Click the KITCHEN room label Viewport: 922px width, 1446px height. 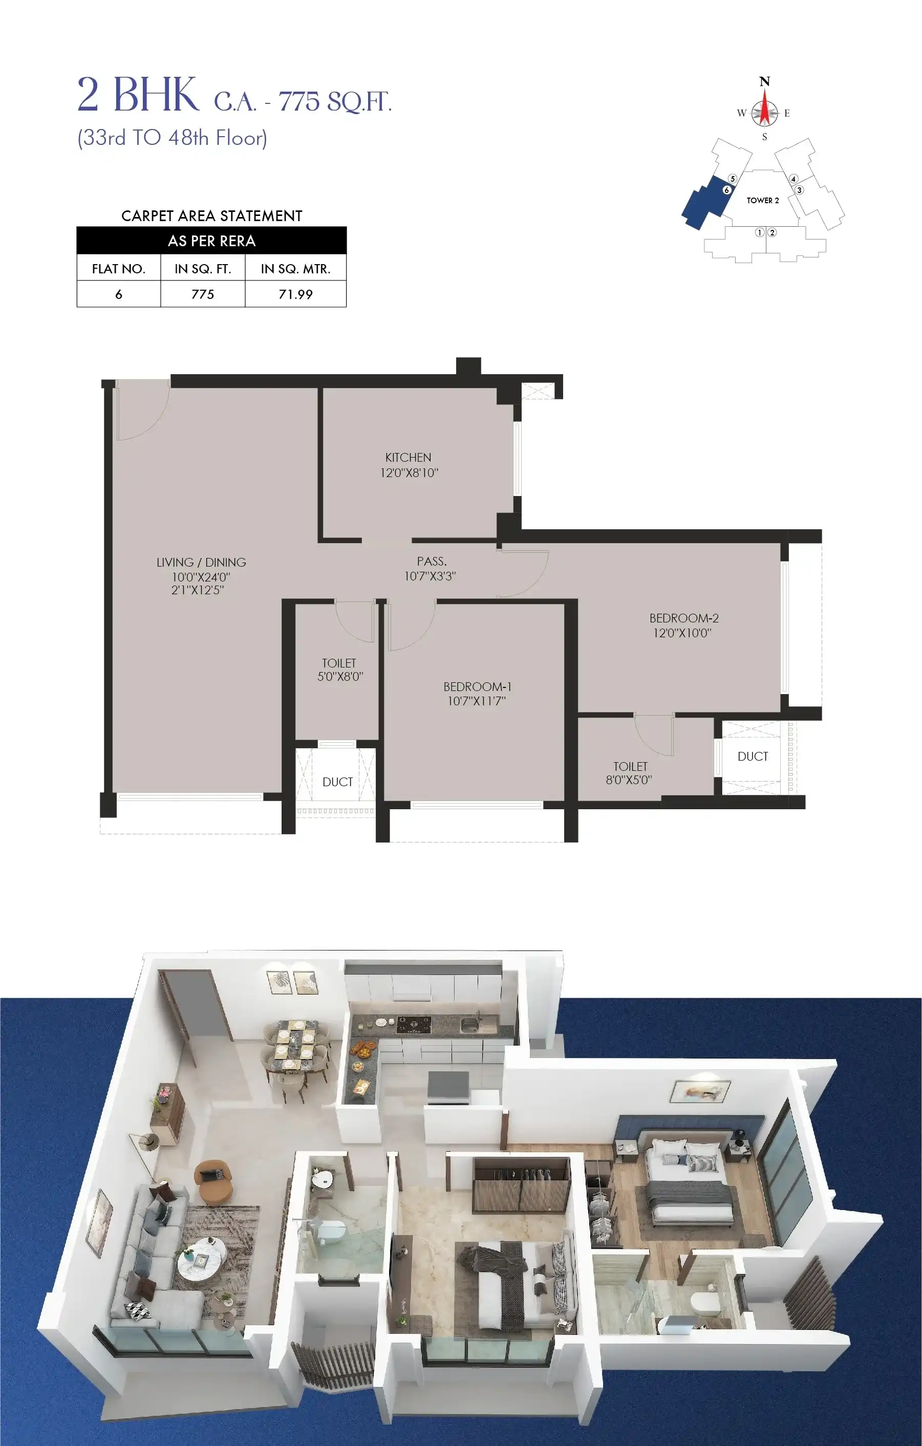[x=408, y=458]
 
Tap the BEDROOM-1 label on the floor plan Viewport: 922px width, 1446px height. [x=477, y=686]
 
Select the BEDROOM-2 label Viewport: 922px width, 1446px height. [x=683, y=618]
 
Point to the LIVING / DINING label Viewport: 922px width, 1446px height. [x=201, y=563]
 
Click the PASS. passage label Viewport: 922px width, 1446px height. [x=431, y=562]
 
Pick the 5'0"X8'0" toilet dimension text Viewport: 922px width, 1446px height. [x=340, y=677]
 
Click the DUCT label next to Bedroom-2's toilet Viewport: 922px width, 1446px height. [x=752, y=757]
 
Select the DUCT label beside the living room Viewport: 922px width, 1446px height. [x=337, y=782]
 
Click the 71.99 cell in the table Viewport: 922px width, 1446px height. [x=295, y=294]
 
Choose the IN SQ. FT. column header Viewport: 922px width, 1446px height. [x=202, y=269]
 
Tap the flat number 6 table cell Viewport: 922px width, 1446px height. [x=118, y=294]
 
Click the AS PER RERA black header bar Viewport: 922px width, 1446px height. [x=211, y=241]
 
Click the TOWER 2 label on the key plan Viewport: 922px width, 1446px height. [x=762, y=201]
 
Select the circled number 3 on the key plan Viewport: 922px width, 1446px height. [x=799, y=190]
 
